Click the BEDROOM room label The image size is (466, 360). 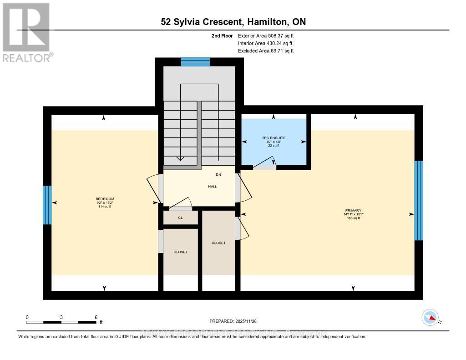(105, 199)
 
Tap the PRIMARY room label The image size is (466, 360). (353, 210)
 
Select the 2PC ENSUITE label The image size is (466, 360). (274, 137)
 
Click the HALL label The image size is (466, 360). (213, 186)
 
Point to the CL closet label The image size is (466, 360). (181, 218)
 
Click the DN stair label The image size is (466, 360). (218, 174)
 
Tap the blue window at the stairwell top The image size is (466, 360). (195, 62)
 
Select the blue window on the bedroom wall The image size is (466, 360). (47, 205)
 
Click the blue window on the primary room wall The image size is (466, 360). (419, 201)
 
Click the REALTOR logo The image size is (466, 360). (27, 32)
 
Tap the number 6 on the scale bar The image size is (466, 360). (96, 317)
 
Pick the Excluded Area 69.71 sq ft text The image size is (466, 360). (265, 51)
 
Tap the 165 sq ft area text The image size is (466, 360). (353, 218)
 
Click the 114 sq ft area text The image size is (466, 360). (105, 207)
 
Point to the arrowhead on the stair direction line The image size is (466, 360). (181, 158)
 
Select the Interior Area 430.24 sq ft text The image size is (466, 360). (265, 43)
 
